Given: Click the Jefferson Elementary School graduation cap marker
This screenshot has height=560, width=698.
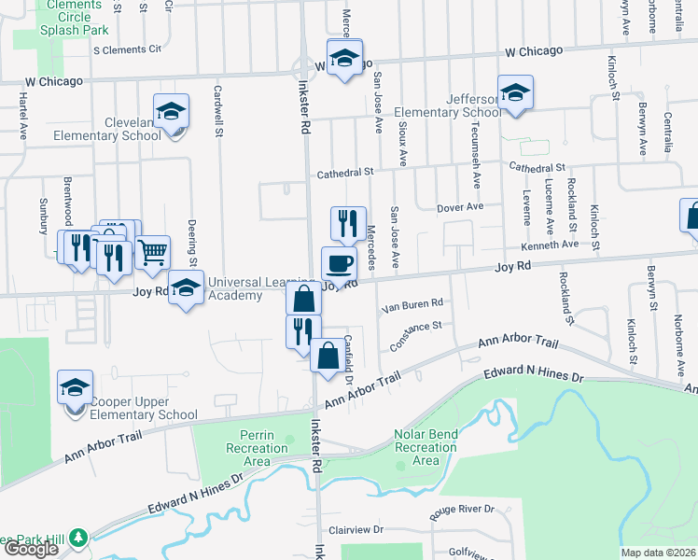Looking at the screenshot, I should (514, 93).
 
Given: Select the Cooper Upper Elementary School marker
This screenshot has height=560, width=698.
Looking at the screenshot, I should (76, 388).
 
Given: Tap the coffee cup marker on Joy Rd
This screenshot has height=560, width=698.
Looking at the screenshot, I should (339, 264).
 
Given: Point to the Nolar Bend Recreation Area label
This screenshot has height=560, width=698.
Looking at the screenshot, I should (425, 454).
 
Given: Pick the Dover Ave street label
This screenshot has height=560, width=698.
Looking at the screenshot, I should (459, 206).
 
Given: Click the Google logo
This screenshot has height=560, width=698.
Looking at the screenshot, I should (31, 549).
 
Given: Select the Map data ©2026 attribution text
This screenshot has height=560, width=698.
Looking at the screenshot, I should (658, 553).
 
